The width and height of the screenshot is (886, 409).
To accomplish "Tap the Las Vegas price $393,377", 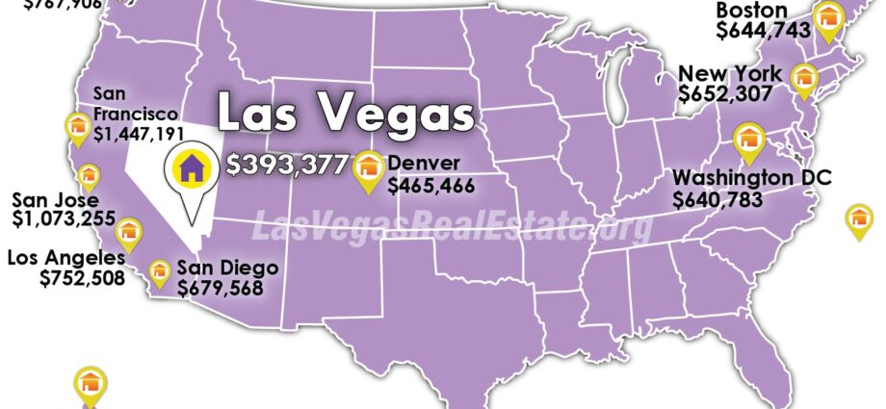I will pyautogui.click(x=286, y=165).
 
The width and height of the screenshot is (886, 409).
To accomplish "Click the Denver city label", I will pyautogui.click(x=425, y=163).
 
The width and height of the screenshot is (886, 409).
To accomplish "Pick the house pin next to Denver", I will pyautogui.click(x=367, y=169).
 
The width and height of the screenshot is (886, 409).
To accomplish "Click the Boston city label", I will pyautogui.click(x=752, y=11).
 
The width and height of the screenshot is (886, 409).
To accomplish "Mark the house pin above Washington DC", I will pyautogui.click(x=746, y=141).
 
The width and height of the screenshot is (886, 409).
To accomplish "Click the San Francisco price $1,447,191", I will pyautogui.click(x=140, y=132).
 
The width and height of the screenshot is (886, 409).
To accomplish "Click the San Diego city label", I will pyautogui.click(x=227, y=267).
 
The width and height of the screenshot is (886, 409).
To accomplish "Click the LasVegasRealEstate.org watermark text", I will pyautogui.click(x=452, y=226).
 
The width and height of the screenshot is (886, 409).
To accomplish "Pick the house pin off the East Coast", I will pyautogui.click(x=858, y=219).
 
